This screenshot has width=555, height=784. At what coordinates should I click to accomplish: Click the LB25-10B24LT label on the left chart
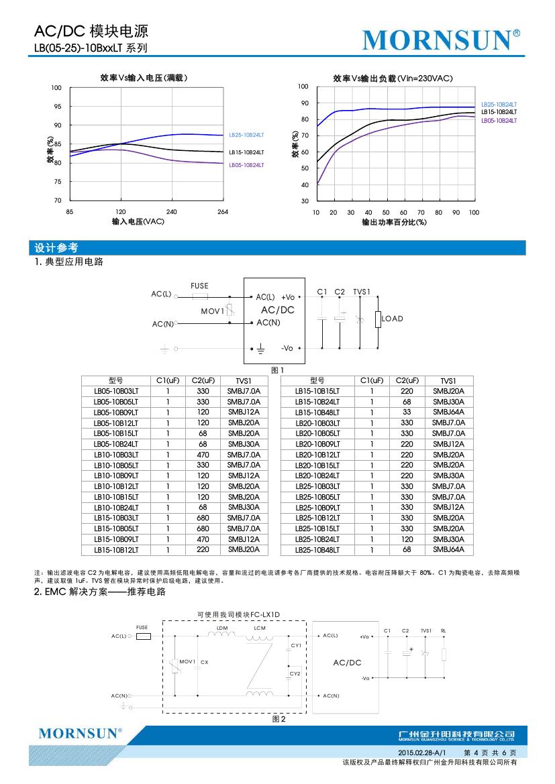coord(246,135)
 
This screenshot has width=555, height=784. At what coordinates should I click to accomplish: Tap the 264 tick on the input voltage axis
coord(223,212)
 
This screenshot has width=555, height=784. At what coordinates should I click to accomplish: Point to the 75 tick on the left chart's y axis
coord(58,182)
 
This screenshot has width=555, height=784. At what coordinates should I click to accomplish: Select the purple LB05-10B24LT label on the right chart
coord(499,120)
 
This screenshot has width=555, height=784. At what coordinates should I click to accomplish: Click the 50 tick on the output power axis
coord(387,212)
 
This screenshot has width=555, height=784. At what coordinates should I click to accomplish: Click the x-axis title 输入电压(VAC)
coord(138,221)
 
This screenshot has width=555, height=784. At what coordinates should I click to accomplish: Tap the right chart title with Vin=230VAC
coord(393,78)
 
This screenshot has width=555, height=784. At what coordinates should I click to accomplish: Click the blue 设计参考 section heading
coord(56,247)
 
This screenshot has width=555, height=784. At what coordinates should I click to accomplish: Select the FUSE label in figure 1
coord(199,286)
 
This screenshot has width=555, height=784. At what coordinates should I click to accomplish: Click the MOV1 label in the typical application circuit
coord(213,311)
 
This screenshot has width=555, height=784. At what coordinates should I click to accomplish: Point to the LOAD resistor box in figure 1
coord(379,319)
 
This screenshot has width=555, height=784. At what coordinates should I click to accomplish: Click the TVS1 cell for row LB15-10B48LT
coord(448,412)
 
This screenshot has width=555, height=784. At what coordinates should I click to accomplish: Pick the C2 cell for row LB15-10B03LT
coord(202,518)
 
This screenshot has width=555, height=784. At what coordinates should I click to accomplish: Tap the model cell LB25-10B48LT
coord(317,550)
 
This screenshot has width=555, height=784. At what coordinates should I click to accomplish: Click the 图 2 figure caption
coord(279,719)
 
